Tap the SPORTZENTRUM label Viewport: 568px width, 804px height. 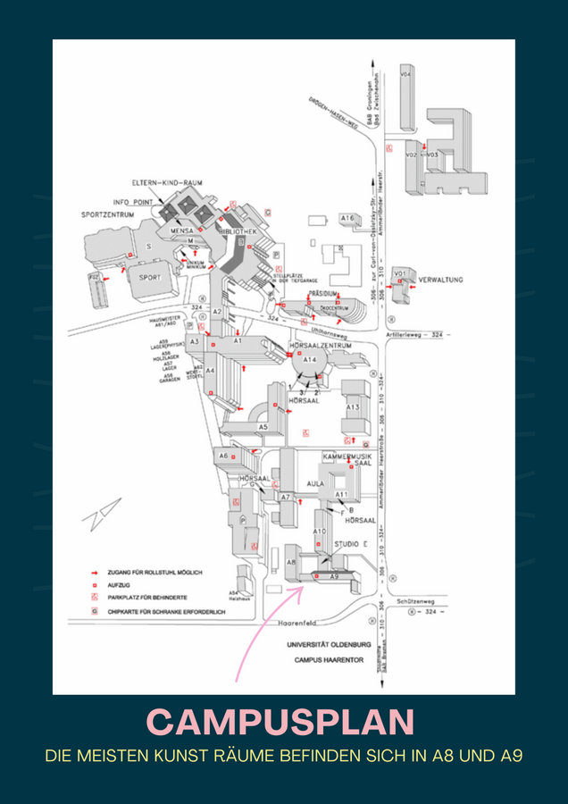click(x=107, y=215)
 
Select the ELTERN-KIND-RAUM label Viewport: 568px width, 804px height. click(x=168, y=182)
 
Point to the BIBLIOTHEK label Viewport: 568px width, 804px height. click(x=238, y=230)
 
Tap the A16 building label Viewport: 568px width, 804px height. click(x=347, y=218)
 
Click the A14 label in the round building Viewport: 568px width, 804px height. click(x=310, y=359)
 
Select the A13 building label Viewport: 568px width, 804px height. click(x=353, y=408)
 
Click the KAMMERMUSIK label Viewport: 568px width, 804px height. click(x=347, y=456)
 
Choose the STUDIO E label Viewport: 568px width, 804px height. click(x=351, y=543)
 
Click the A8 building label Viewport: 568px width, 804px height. click(x=291, y=562)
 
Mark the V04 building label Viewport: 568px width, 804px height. click(x=405, y=75)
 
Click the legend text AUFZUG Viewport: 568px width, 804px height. click(x=120, y=583)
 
